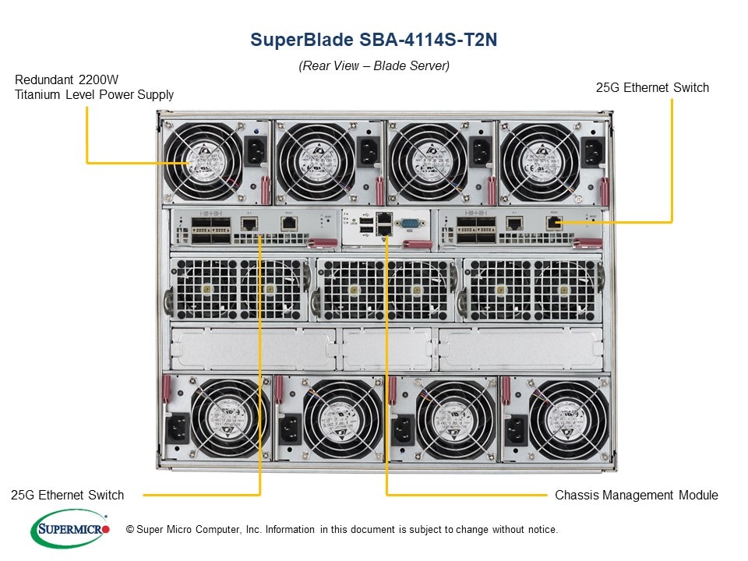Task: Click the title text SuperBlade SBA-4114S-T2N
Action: [x=374, y=40]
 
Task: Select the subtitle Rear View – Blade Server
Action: [x=374, y=66]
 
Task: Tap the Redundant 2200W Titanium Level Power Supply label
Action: [x=93, y=87]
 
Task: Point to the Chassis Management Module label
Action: [x=636, y=495]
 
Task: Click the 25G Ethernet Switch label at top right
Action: [x=652, y=88]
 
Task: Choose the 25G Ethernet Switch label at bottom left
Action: [x=68, y=495]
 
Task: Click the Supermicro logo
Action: [x=69, y=529]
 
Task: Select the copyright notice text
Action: [x=348, y=530]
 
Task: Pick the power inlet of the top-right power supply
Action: [x=591, y=152]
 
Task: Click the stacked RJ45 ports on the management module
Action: [x=384, y=224]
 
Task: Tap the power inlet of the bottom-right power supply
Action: [x=516, y=428]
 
